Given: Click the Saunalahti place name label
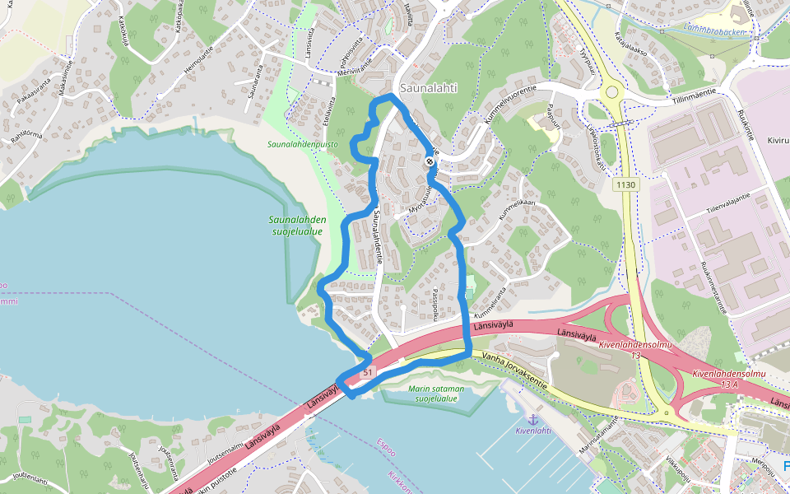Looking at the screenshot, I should pos(427,86).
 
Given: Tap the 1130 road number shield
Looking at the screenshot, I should pos(625,185).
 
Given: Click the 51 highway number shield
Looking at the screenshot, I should pos(367,371).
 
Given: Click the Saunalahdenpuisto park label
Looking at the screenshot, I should pos(302,144).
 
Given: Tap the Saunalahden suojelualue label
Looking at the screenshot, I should pos(297,226).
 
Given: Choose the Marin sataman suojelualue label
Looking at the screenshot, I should pos(435,393).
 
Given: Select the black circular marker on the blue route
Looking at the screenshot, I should pos(430,163).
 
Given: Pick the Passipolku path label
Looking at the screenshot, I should pos(438,301).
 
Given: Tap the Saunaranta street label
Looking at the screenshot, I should pos(254,87).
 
